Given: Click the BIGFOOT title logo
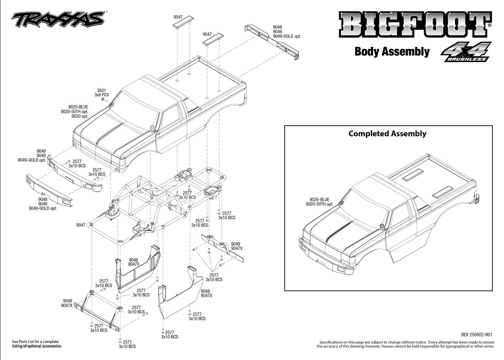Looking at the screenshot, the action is pyautogui.click(x=415, y=24).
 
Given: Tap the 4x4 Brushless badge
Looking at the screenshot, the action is pyautogui.click(x=466, y=52).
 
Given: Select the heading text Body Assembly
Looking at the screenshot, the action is pyautogui.click(x=392, y=52).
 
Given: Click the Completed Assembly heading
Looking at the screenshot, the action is pyautogui.click(x=387, y=133).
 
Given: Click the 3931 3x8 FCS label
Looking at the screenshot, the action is pyautogui.click(x=102, y=93).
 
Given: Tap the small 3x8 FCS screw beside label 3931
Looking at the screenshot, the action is pyautogui.click(x=103, y=99).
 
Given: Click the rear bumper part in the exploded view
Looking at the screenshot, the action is pyautogui.click(x=272, y=42).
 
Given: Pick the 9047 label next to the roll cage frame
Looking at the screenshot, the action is pyautogui.click(x=81, y=225).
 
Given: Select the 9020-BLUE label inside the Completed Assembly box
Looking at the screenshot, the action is pyautogui.click(x=319, y=199).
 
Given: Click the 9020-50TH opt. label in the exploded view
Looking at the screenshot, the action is pyautogui.click(x=74, y=112).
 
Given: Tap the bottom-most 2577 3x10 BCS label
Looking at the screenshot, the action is pyautogui.click(x=127, y=344).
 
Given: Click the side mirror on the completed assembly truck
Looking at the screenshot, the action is pyautogui.click(x=382, y=226).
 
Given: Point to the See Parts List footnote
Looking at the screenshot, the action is pyautogui.click(x=37, y=344).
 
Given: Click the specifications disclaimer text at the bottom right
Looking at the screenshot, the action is pyautogui.click(x=406, y=344).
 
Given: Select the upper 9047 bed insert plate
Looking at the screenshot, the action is pyautogui.click(x=183, y=22).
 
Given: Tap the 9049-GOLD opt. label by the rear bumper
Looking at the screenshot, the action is pyautogui.click(x=287, y=36).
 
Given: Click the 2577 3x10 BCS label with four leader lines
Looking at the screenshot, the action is pyautogui.click(x=214, y=277).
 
